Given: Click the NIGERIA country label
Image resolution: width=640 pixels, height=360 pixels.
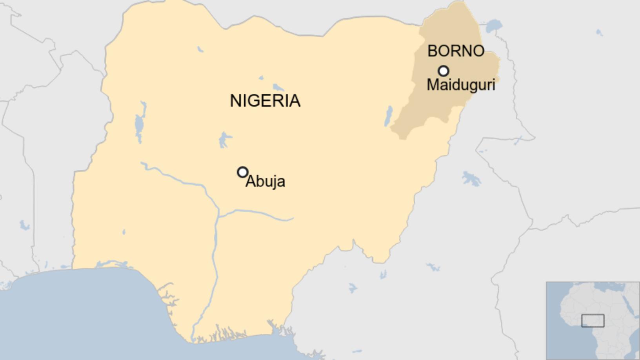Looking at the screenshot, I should (x=265, y=101).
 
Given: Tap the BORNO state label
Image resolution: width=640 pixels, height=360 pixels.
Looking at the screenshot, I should (x=456, y=51).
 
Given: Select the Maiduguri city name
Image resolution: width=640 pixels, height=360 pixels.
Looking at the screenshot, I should (x=461, y=85).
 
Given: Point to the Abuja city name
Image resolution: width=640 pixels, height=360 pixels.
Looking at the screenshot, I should (x=265, y=181).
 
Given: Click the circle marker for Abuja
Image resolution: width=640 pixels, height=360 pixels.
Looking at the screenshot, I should (x=243, y=172).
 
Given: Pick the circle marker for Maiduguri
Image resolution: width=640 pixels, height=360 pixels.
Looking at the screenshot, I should (x=444, y=71).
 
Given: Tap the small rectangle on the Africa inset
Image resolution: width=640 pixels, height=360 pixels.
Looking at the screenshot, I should (x=593, y=320).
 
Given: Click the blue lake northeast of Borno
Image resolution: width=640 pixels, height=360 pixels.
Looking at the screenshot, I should (x=494, y=26).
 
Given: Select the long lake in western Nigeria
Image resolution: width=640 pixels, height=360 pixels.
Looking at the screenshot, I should (x=139, y=124).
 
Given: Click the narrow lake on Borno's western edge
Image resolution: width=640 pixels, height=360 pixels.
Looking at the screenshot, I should (x=388, y=116).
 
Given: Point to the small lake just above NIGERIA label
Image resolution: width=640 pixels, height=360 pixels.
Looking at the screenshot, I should (x=278, y=87).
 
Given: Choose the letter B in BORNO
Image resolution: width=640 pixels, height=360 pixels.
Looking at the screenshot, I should (x=432, y=51).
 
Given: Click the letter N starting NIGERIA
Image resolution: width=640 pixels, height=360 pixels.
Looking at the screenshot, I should (x=235, y=101).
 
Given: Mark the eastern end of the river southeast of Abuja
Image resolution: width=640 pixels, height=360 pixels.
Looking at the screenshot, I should (x=293, y=219).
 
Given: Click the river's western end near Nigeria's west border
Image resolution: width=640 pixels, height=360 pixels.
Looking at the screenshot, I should (x=142, y=163).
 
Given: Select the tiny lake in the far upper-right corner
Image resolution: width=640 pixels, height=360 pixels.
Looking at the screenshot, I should (x=599, y=32).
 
